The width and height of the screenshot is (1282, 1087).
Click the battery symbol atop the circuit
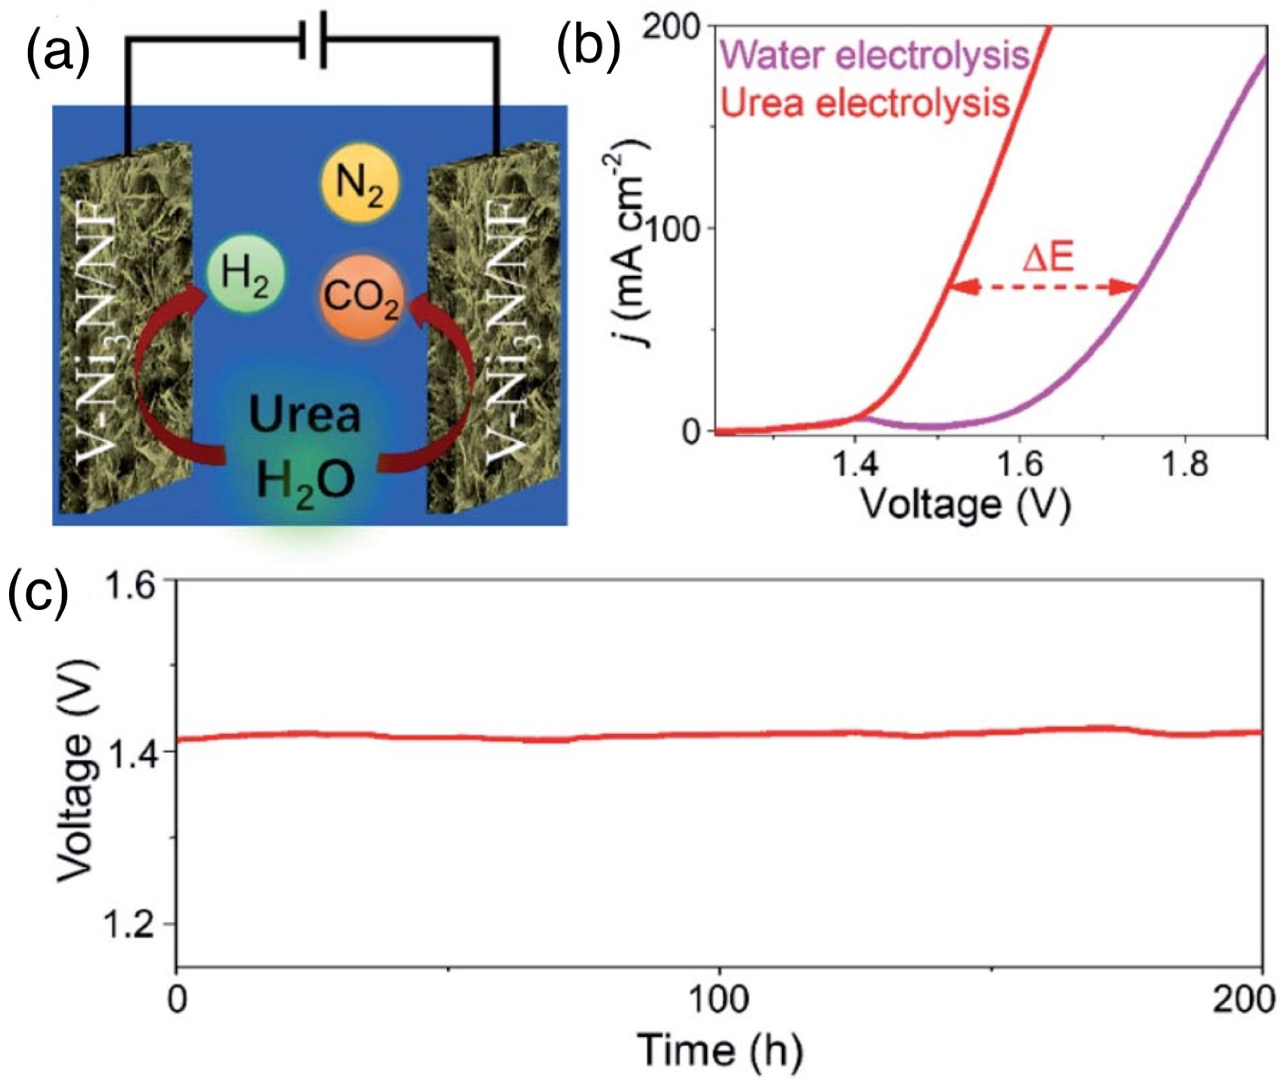tap(313, 38)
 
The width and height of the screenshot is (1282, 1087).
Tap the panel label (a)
tap(58, 46)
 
